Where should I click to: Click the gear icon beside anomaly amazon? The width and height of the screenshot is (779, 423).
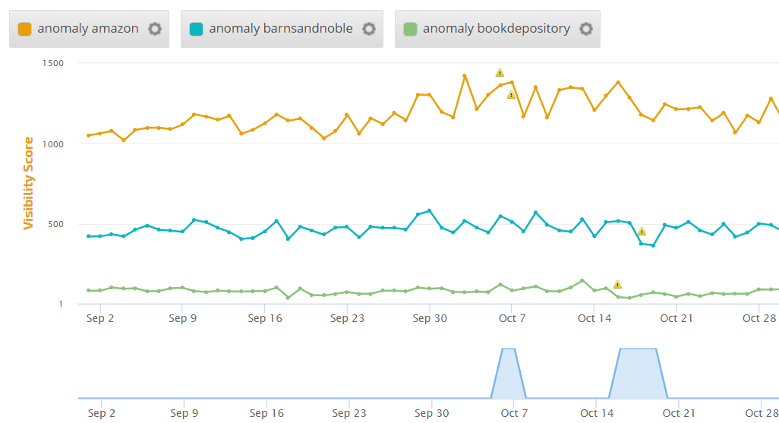pos(155,29)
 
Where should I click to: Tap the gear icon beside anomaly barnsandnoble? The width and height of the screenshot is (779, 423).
pos(369,29)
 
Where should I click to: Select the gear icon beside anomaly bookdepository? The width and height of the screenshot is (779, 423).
pos(586,29)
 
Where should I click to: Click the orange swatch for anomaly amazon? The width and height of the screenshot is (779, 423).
pos(25,29)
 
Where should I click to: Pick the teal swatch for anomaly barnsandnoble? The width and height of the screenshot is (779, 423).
pos(197,29)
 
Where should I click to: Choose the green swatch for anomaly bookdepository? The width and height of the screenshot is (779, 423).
pos(411,29)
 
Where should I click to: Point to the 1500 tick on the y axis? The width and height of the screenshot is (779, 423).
pos(52,63)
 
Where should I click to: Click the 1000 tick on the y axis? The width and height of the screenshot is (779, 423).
pos(52,144)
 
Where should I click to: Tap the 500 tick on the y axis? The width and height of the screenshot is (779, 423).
pos(55,224)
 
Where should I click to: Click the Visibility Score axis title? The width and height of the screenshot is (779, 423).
pos(29,183)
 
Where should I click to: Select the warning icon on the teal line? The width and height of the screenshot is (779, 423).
pos(642,231)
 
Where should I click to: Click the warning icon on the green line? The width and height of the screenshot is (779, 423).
pos(617,284)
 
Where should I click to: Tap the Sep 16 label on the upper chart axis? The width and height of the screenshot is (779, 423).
pos(265,318)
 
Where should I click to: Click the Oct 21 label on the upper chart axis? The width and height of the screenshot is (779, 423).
pos(676,318)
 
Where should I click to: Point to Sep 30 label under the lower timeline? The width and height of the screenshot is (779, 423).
pos(431,413)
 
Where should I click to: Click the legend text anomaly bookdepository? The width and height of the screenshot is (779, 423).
pos(497,29)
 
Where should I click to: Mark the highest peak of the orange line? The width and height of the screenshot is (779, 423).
pos(465,76)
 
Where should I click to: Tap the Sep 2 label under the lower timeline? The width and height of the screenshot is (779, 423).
pos(101,413)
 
